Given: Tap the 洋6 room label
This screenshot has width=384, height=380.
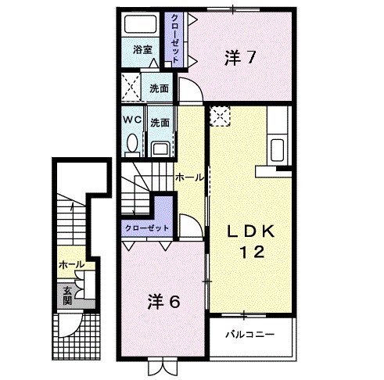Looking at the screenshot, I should click(x=165, y=301).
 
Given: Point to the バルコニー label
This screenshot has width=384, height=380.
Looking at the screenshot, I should click(x=250, y=335).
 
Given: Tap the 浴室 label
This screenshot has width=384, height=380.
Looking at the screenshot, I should click(x=142, y=50).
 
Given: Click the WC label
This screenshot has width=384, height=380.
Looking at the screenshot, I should click(x=131, y=121).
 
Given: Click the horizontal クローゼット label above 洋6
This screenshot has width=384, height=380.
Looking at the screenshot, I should click(x=146, y=228).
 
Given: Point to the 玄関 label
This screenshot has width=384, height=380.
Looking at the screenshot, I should click(x=67, y=295).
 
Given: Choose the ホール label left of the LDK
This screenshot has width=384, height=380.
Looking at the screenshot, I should click(x=189, y=177).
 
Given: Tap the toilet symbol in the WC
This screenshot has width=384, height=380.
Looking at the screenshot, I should click(x=132, y=144).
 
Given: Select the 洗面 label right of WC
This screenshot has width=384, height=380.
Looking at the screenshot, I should click(x=160, y=122).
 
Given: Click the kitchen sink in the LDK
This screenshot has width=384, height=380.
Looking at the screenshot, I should click(x=278, y=149).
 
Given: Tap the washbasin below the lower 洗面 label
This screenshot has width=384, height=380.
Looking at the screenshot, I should click(x=160, y=146).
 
